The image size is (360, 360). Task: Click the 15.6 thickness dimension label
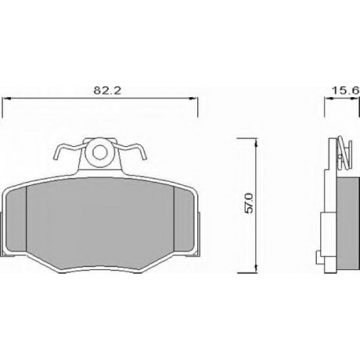346,91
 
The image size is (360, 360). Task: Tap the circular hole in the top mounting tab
99,152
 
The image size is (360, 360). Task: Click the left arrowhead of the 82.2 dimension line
6,99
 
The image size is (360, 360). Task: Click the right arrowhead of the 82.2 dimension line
194,99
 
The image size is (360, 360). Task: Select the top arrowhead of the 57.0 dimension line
256,143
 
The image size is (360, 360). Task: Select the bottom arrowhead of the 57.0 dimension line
256,268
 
